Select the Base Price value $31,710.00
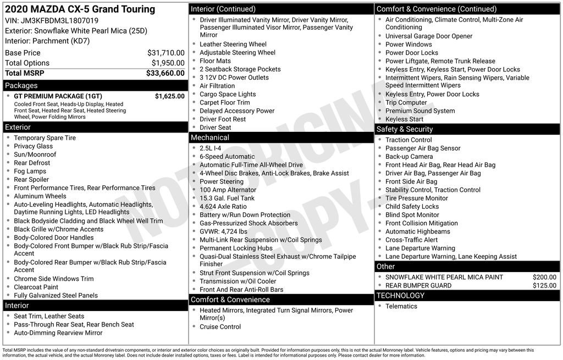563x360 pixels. (165, 53)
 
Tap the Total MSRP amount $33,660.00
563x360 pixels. (165, 73)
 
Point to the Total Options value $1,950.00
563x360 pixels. (168, 63)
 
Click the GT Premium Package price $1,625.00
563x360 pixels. (169, 96)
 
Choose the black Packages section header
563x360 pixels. (95, 86)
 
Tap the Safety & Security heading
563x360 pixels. (467, 129)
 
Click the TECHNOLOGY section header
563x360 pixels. (467, 296)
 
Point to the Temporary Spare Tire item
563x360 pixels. (45, 138)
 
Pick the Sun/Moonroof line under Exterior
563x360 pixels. (35, 154)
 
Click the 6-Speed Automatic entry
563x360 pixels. (227, 157)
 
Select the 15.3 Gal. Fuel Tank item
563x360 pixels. (227, 198)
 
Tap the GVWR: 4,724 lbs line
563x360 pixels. (223, 231)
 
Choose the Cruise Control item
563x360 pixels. (220, 326)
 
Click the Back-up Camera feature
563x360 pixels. (409, 157)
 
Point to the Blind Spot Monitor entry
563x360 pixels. (412, 215)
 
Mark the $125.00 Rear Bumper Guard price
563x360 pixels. (544, 286)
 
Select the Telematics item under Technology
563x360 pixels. (401, 306)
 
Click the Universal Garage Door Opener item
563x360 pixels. (429, 36)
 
